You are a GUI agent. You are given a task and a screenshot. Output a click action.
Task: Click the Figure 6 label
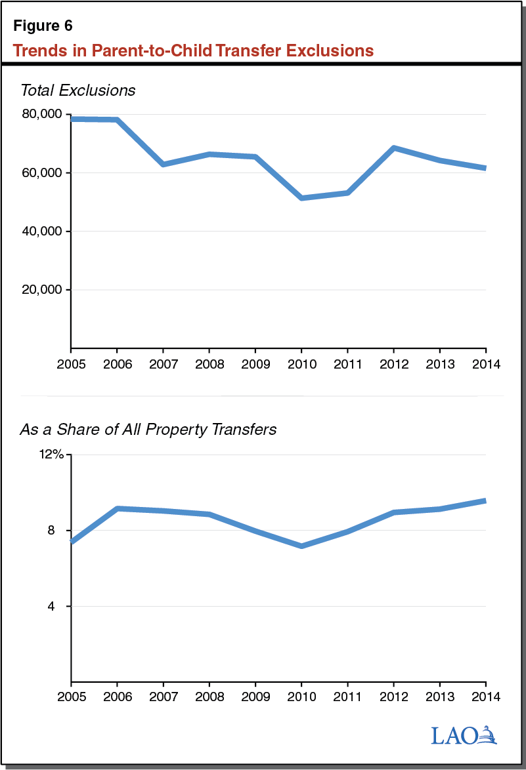(x=43, y=26)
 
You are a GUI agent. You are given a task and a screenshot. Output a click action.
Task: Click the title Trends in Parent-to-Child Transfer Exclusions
(x=193, y=51)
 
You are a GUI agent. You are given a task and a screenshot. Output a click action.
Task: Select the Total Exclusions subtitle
(x=77, y=91)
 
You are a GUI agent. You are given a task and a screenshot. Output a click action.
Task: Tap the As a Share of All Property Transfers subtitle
(x=148, y=430)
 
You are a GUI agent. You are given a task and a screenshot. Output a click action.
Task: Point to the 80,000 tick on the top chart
(x=41, y=114)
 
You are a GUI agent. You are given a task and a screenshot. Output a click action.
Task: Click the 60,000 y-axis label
(x=41, y=173)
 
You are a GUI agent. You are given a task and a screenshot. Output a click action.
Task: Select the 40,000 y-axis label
(x=41, y=232)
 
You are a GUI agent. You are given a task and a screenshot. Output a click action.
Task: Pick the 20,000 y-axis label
(x=41, y=290)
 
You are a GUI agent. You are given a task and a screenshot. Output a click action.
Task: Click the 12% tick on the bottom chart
(x=51, y=455)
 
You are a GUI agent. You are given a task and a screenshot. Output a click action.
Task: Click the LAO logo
(x=464, y=735)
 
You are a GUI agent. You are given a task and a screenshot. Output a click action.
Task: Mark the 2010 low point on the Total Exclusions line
(x=301, y=197)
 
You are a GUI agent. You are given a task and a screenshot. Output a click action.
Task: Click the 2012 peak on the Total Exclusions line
(x=393, y=148)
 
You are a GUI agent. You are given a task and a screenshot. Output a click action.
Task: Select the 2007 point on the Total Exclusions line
(x=163, y=164)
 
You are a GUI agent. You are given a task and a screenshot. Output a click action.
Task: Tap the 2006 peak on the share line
(x=117, y=508)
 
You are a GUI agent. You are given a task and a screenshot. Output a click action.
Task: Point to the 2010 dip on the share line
(x=301, y=546)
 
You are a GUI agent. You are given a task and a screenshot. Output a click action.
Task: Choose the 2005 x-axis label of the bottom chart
(x=71, y=696)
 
